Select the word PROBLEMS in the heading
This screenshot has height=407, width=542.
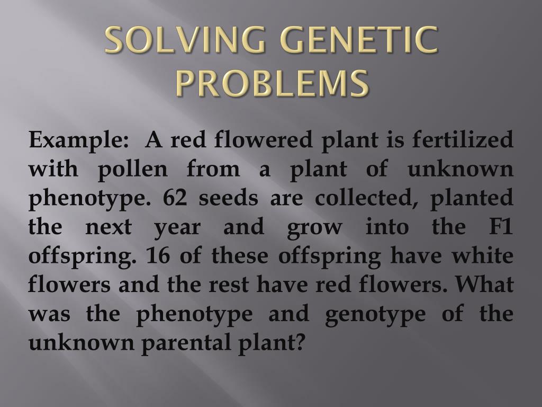click(x=272, y=84)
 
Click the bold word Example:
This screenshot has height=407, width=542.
click(x=79, y=141)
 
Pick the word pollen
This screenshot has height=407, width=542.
click(x=133, y=170)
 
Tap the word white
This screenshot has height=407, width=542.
click(x=484, y=256)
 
